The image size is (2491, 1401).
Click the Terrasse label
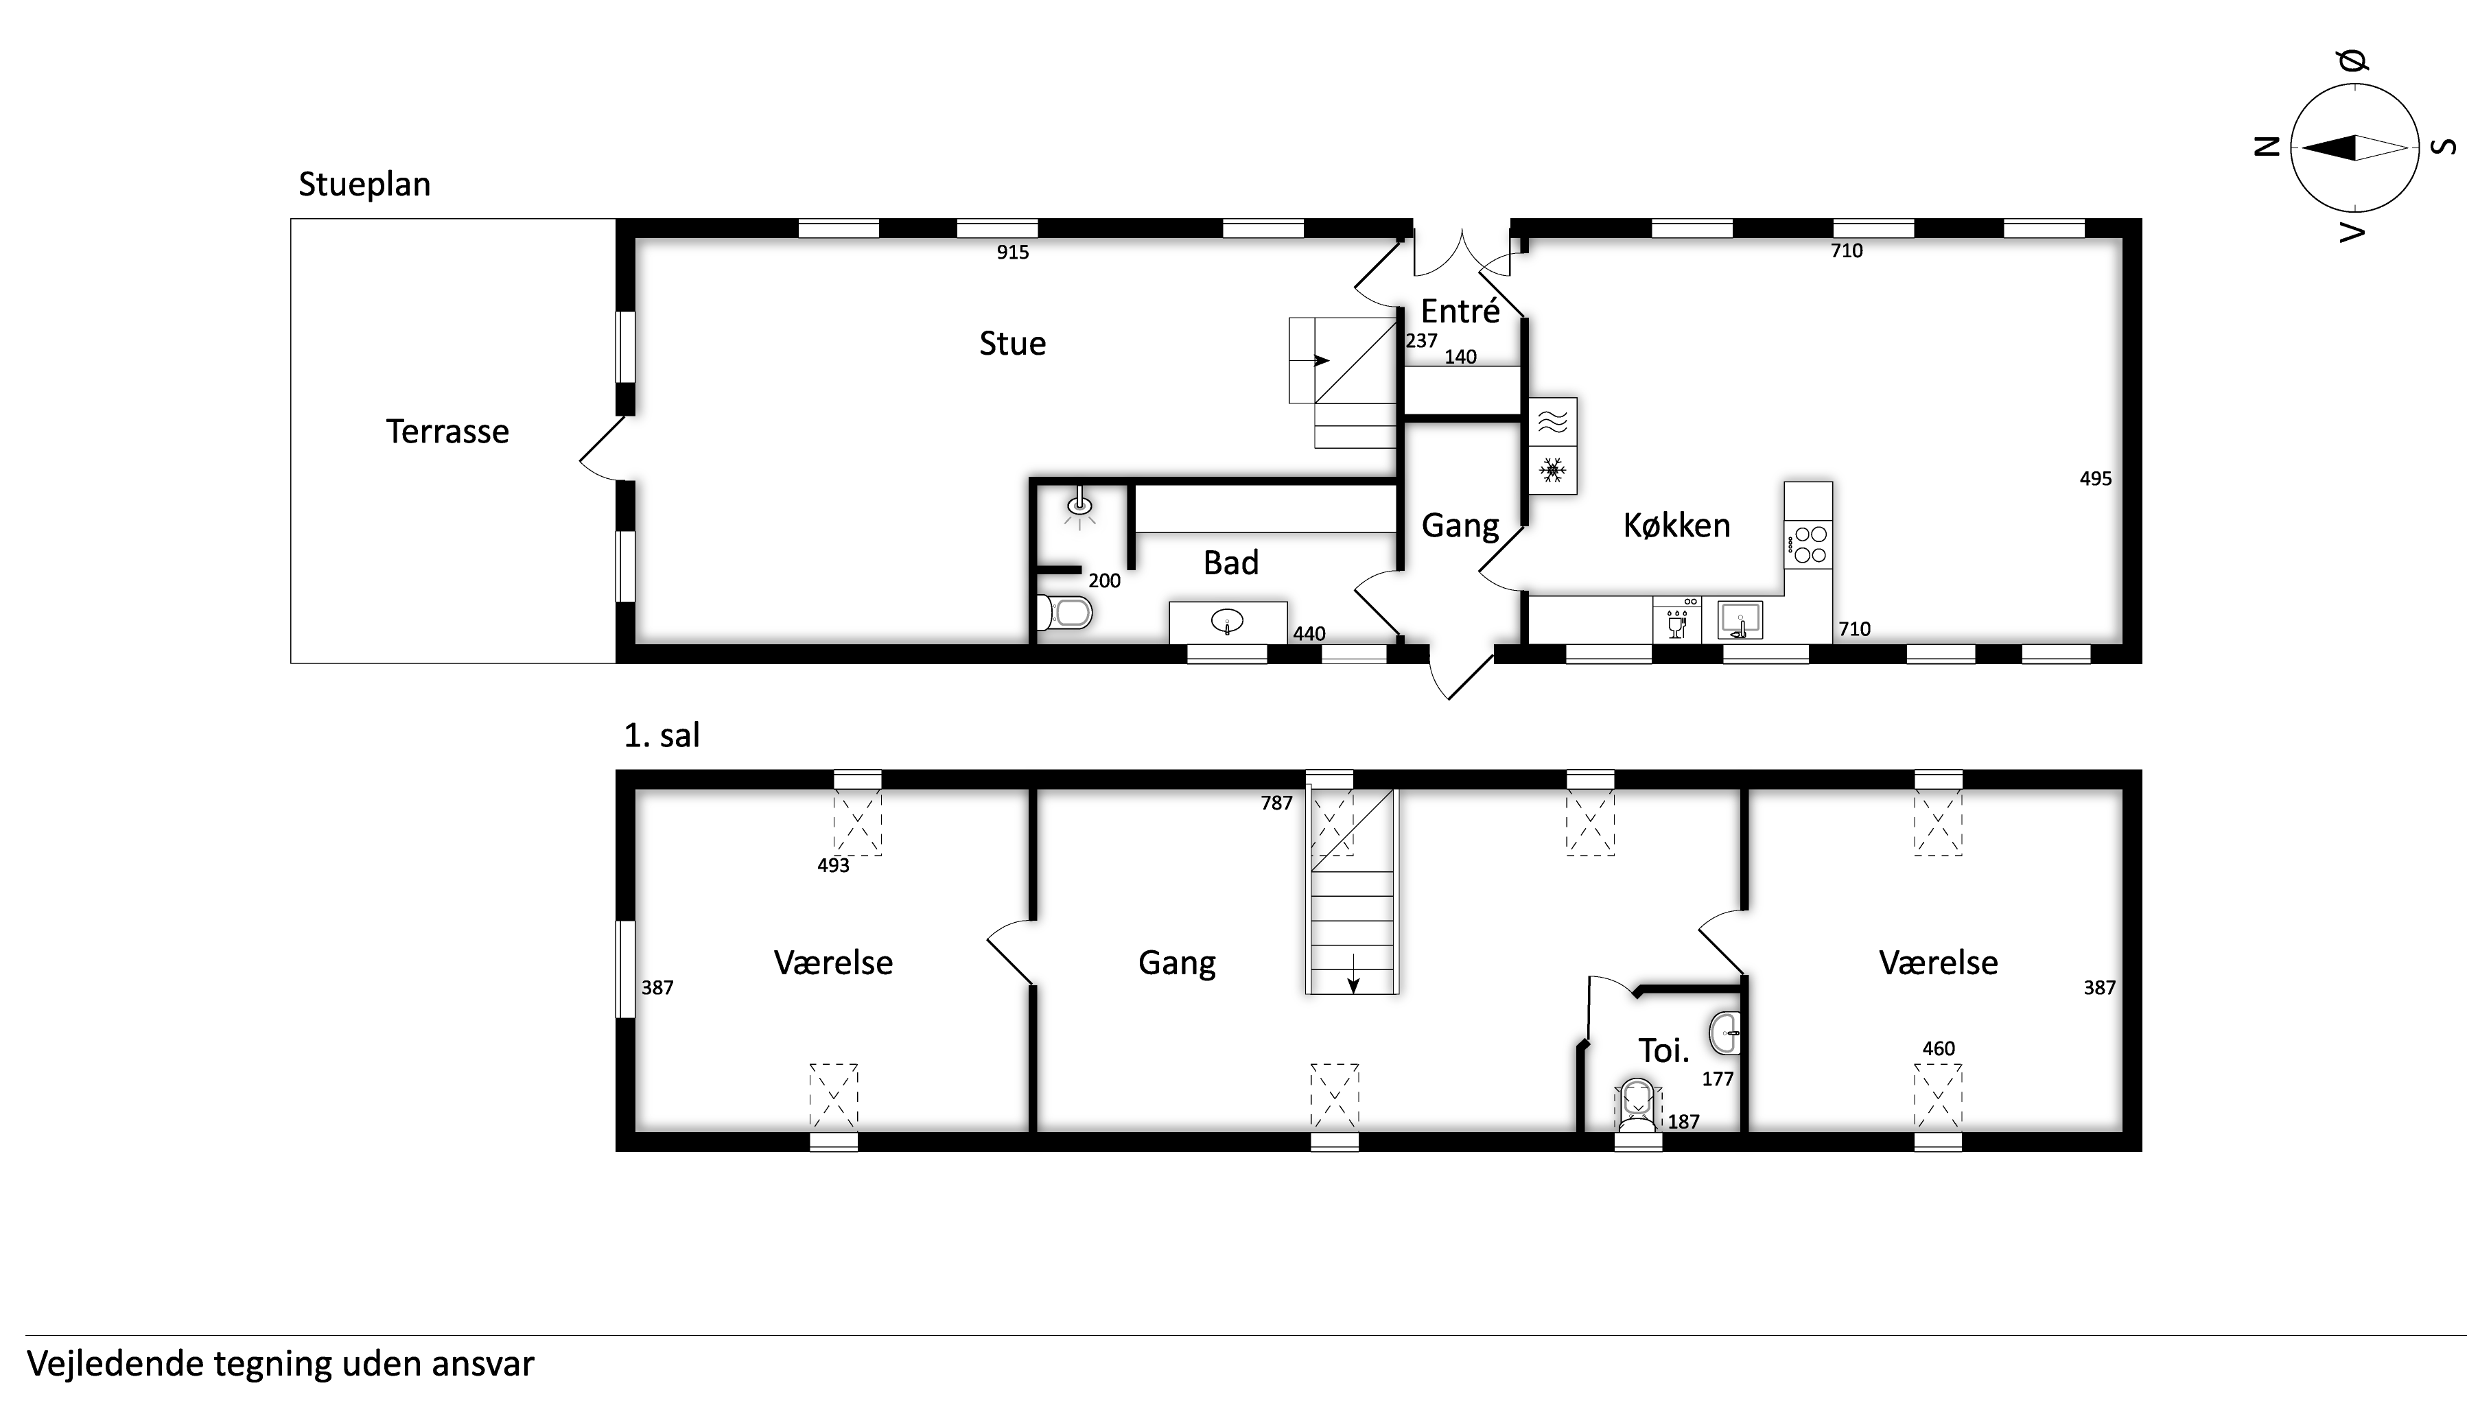[x=447, y=432]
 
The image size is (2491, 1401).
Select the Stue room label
[x=1012, y=343]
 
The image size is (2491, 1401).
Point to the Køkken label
[x=1676, y=525]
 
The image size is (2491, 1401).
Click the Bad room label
[x=1231, y=563]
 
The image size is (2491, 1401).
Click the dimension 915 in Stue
[x=1012, y=252]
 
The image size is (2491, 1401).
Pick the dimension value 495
[x=2096, y=479]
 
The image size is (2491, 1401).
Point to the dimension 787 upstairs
[x=1276, y=803]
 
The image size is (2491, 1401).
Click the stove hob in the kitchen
[x=1808, y=544]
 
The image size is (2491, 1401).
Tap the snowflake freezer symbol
[x=1553, y=471]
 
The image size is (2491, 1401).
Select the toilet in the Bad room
[x=1064, y=612]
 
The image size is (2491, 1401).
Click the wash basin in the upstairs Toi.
[x=1725, y=1033]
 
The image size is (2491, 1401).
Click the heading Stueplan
[x=364, y=184]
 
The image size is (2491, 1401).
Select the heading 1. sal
[x=662, y=735]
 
